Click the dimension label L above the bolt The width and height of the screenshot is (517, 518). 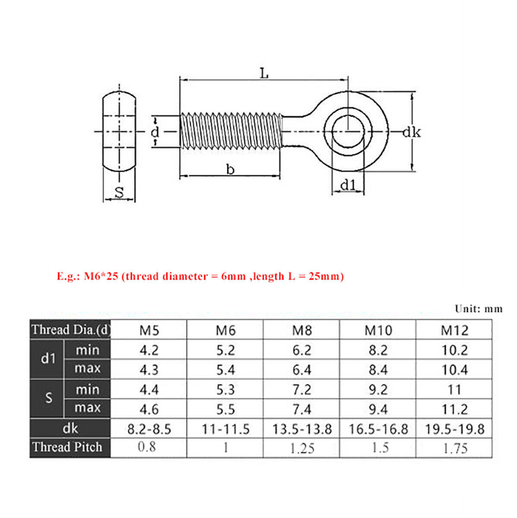pos(264,73)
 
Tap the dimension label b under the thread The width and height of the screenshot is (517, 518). pos(230,170)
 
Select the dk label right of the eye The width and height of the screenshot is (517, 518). pos(411,132)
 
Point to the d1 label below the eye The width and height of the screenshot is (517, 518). pos(348,185)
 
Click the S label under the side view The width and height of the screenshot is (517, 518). pos(119,193)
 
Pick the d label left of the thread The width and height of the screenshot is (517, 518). pos(155,132)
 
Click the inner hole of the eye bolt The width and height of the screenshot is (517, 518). pos(348,131)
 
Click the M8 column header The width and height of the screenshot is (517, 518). pos(302,330)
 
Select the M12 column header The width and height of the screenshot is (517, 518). pos(454,330)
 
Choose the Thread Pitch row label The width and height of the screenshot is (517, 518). pos(67,447)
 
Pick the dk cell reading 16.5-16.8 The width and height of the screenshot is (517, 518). pos(378,429)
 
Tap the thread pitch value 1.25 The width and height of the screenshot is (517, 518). pos(302,448)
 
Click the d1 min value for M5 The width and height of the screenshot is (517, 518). pos(149,350)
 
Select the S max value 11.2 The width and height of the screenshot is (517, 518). pos(454,409)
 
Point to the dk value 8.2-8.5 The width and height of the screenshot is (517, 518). pos(149,429)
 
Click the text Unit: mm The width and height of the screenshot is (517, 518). pos(478,309)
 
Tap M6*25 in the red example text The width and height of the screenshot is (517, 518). pos(101,276)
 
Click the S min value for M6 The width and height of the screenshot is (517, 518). pos(225,390)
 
